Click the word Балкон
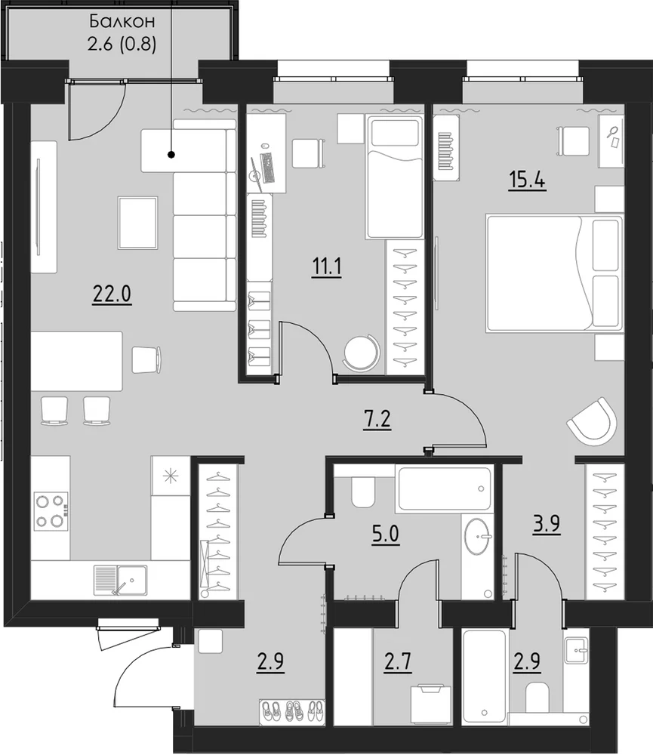pyautogui.click(x=122, y=22)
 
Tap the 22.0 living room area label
pyautogui.click(x=112, y=294)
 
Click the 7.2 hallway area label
pyautogui.click(x=377, y=420)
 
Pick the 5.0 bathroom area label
pyautogui.click(x=387, y=535)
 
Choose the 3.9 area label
pyautogui.click(x=547, y=524)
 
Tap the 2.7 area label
pyautogui.click(x=398, y=663)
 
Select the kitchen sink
pyautogui.click(x=121, y=580)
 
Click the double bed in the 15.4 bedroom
pyautogui.click(x=555, y=273)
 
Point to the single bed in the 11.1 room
pyautogui.click(x=394, y=177)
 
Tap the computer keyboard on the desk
pyautogui.click(x=267, y=168)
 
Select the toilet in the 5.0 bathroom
pyautogui.click(x=363, y=492)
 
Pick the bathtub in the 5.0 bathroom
pyautogui.click(x=443, y=488)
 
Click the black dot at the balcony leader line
pyautogui.click(x=171, y=155)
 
